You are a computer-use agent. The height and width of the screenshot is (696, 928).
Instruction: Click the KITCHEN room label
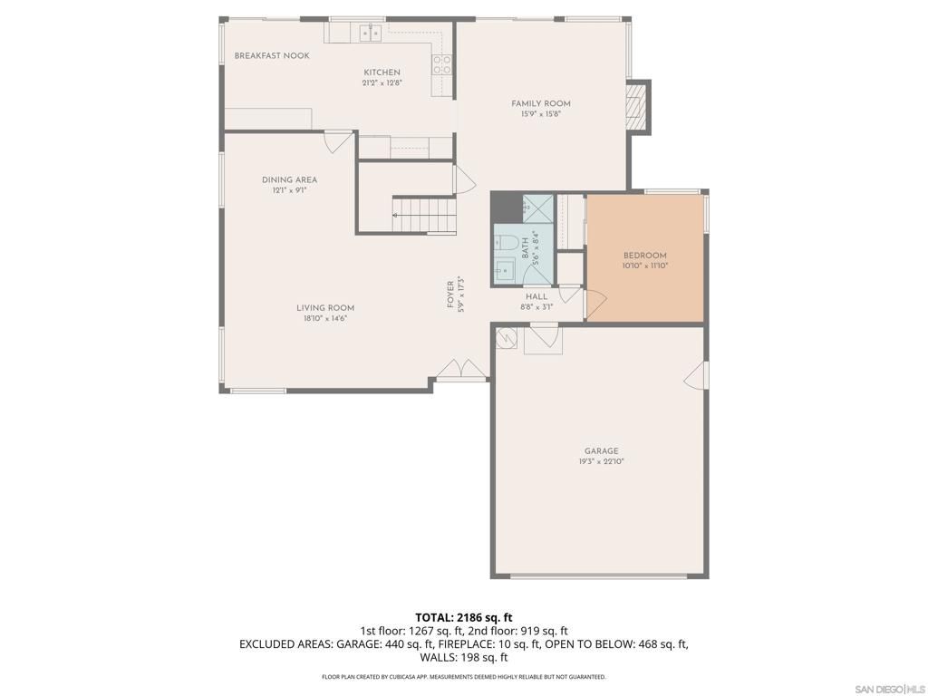click(382, 72)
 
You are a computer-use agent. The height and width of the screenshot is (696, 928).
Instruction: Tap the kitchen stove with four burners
click(442, 63)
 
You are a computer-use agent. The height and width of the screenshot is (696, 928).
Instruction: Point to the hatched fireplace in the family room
click(638, 107)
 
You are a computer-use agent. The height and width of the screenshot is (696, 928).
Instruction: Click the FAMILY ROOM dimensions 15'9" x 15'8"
click(540, 114)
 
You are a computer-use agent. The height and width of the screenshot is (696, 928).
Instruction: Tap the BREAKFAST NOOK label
click(272, 56)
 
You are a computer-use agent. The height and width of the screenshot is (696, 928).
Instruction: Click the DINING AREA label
click(290, 180)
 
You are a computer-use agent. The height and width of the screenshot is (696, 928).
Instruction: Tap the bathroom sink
click(503, 270)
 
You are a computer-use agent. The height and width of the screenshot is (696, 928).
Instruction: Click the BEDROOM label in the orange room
click(644, 256)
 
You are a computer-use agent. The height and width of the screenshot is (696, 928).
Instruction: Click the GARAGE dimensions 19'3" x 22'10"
click(601, 461)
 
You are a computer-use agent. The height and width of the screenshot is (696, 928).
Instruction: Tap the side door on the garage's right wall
click(697, 375)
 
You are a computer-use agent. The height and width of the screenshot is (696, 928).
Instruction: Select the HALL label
click(536, 296)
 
